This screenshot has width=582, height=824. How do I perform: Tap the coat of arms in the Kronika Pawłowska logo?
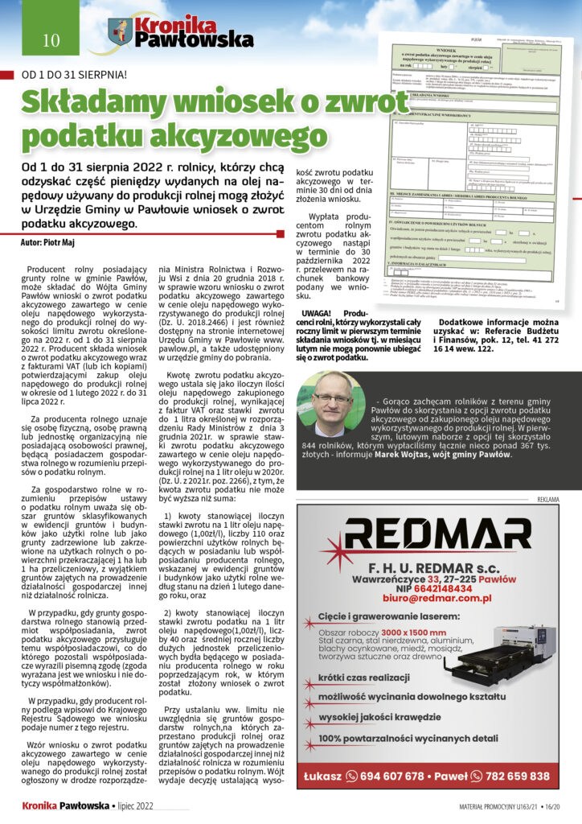[x=120, y=32]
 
